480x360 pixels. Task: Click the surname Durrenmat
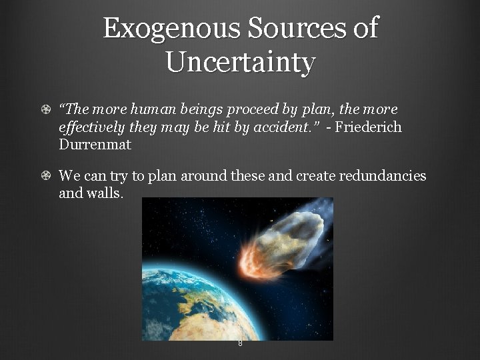95,144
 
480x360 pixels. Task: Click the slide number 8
240,343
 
